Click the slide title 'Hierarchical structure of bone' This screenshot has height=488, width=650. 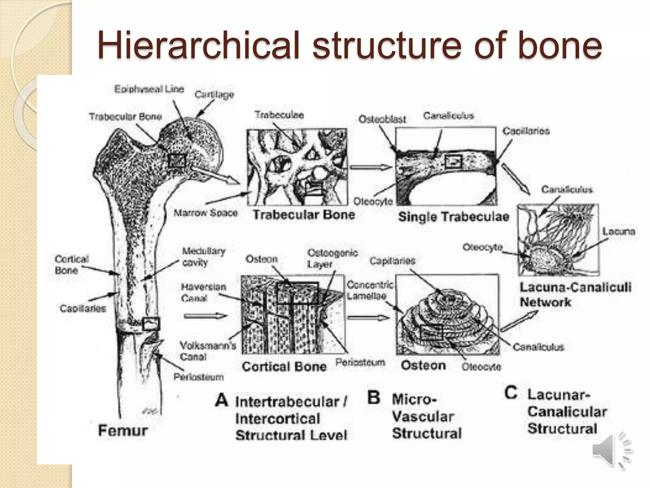click(349, 45)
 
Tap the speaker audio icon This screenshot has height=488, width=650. click(611, 451)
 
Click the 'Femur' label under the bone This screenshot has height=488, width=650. click(123, 431)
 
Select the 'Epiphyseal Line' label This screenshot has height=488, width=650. click(149, 89)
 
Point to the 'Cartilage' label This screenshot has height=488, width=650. click(214, 94)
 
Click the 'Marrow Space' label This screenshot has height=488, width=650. click(206, 213)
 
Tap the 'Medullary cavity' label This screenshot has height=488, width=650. click(203, 257)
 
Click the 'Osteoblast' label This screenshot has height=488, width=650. click(382, 119)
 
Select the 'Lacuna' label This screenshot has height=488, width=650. click(619, 231)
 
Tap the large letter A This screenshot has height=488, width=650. click(222, 400)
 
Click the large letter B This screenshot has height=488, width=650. click(374, 397)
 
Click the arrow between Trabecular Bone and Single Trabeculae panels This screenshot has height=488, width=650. click(371, 167)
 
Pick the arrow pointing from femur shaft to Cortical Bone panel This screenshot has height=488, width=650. click(206, 316)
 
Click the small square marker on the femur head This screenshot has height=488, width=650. click(176, 160)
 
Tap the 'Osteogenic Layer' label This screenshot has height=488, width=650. click(332, 258)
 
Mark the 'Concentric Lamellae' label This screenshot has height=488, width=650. click(370, 290)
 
